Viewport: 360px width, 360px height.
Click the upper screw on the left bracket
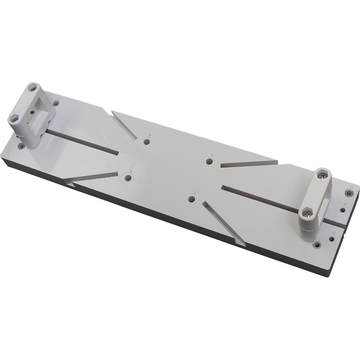tap(32, 88)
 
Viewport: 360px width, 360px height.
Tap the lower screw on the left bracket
tap(14, 118)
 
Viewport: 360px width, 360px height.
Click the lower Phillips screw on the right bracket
tap(306, 214)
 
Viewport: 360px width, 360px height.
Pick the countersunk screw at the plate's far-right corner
tap(348, 193)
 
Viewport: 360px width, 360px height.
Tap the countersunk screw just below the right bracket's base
tap(317, 245)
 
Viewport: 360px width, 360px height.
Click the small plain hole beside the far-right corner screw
tap(342, 210)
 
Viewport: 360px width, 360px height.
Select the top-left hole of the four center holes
tap(147, 142)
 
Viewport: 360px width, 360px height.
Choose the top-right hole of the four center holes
tap(209, 161)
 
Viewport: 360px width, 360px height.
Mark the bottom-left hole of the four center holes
tap(128, 177)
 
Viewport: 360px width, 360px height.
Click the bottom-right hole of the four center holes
tap(192, 199)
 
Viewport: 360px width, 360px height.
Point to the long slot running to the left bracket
tap(83, 142)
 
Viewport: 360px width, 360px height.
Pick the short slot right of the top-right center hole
tap(248, 164)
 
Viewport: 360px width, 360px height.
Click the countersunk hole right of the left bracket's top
tap(56, 104)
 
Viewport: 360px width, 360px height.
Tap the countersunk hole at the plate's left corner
tap(21, 147)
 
